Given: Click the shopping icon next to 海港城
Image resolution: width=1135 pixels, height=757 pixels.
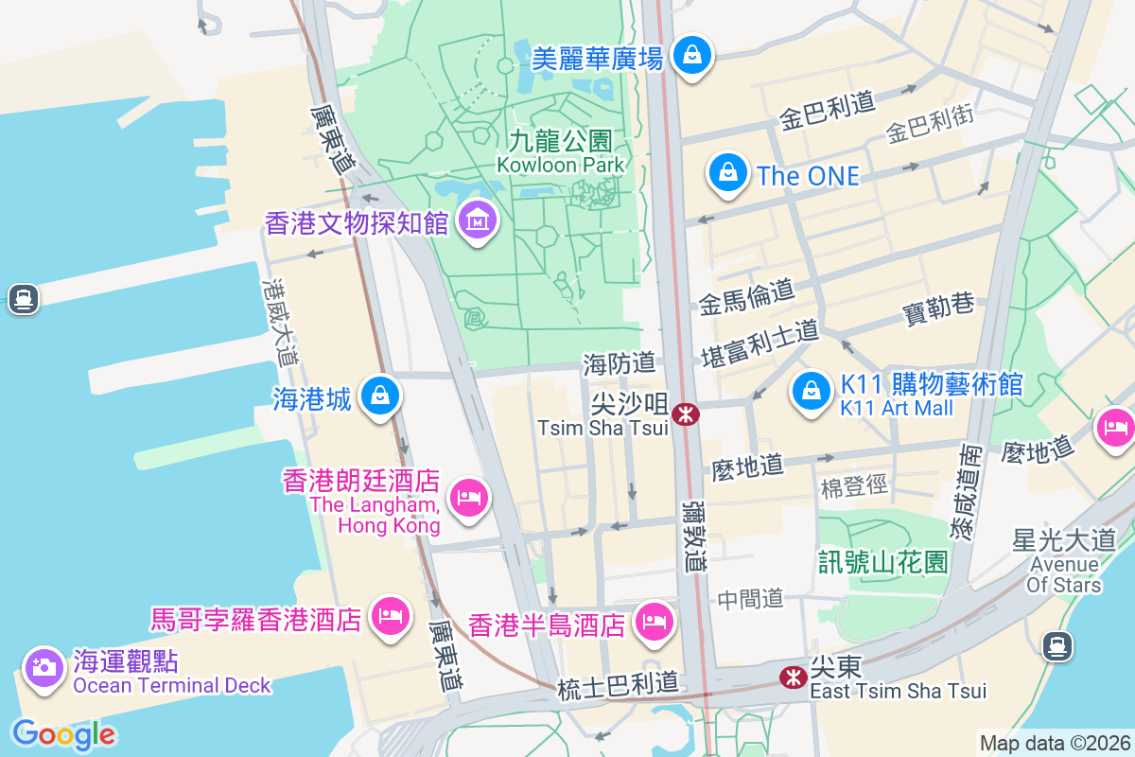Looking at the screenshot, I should click(380, 396).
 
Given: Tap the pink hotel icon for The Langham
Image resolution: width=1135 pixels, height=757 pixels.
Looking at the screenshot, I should click(468, 497).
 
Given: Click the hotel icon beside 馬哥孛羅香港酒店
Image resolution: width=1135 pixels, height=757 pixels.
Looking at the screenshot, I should click(389, 616).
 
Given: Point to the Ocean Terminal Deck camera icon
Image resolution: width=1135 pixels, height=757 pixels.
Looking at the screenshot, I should click(43, 667).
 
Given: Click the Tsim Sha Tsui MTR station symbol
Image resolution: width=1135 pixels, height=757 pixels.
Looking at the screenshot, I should click(685, 414).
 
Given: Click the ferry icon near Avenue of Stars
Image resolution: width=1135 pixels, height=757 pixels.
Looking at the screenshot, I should click(1056, 646).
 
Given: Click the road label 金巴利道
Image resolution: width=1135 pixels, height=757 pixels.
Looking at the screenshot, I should click(826, 113).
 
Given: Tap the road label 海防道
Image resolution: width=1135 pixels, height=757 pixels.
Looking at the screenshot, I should click(620, 363).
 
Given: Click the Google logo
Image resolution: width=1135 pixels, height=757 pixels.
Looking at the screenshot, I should click(63, 733).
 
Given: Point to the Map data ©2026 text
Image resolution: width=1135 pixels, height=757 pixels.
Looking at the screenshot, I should click(1054, 743).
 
